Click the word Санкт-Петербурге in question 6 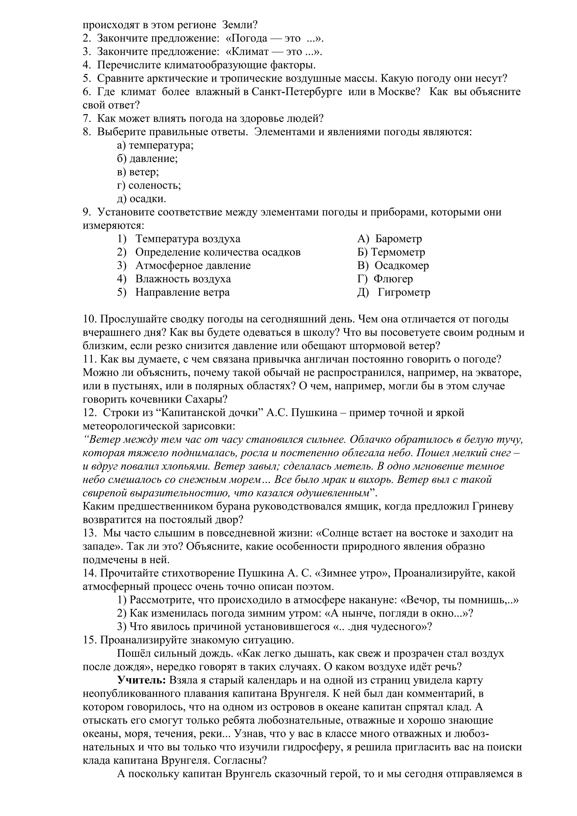(x=297, y=92)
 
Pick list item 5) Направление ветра (x=174, y=293)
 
